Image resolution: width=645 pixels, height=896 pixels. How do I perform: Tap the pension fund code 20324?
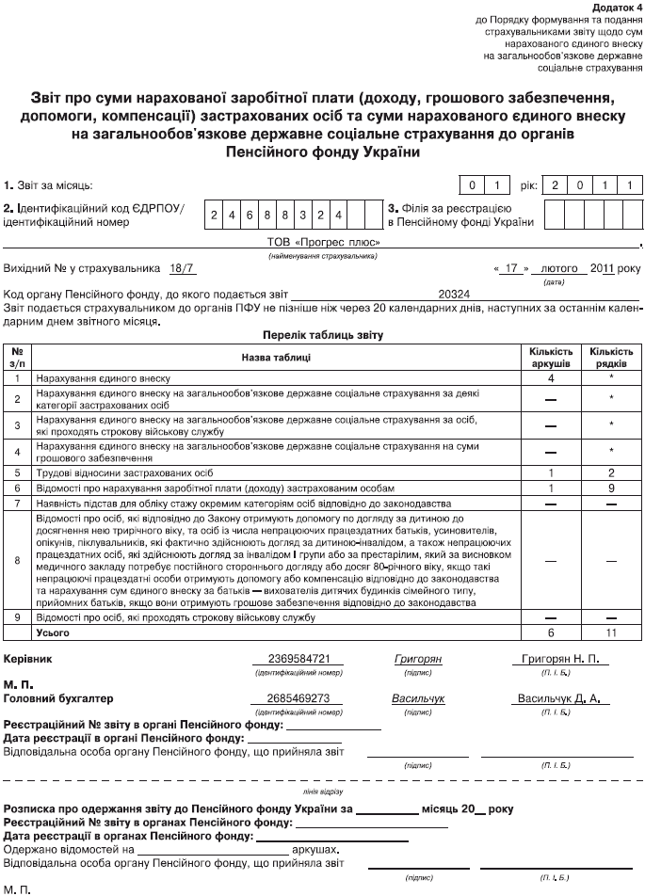click(x=454, y=295)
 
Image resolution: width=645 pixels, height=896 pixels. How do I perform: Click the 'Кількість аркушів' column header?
click(x=551, y=357)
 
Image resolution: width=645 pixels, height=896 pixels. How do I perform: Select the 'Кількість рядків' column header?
click(x=610, y=357)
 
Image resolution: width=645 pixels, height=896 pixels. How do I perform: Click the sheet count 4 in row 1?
click(x=551, y=377)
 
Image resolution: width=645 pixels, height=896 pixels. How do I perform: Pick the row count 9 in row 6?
click(x=610, y=488)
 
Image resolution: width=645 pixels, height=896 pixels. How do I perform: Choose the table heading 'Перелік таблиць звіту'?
click(x=322, y=334)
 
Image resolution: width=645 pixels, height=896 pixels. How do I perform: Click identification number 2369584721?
click(x=293, y=660)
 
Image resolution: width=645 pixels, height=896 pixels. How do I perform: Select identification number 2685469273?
click(x=293, y=699)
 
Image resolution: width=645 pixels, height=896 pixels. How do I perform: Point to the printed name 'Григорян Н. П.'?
click(x=559, y=660)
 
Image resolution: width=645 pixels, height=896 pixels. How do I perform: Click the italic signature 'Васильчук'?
click(x=418, y=699)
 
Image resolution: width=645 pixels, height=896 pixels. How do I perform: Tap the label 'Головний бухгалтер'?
click(x=58, y=699)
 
